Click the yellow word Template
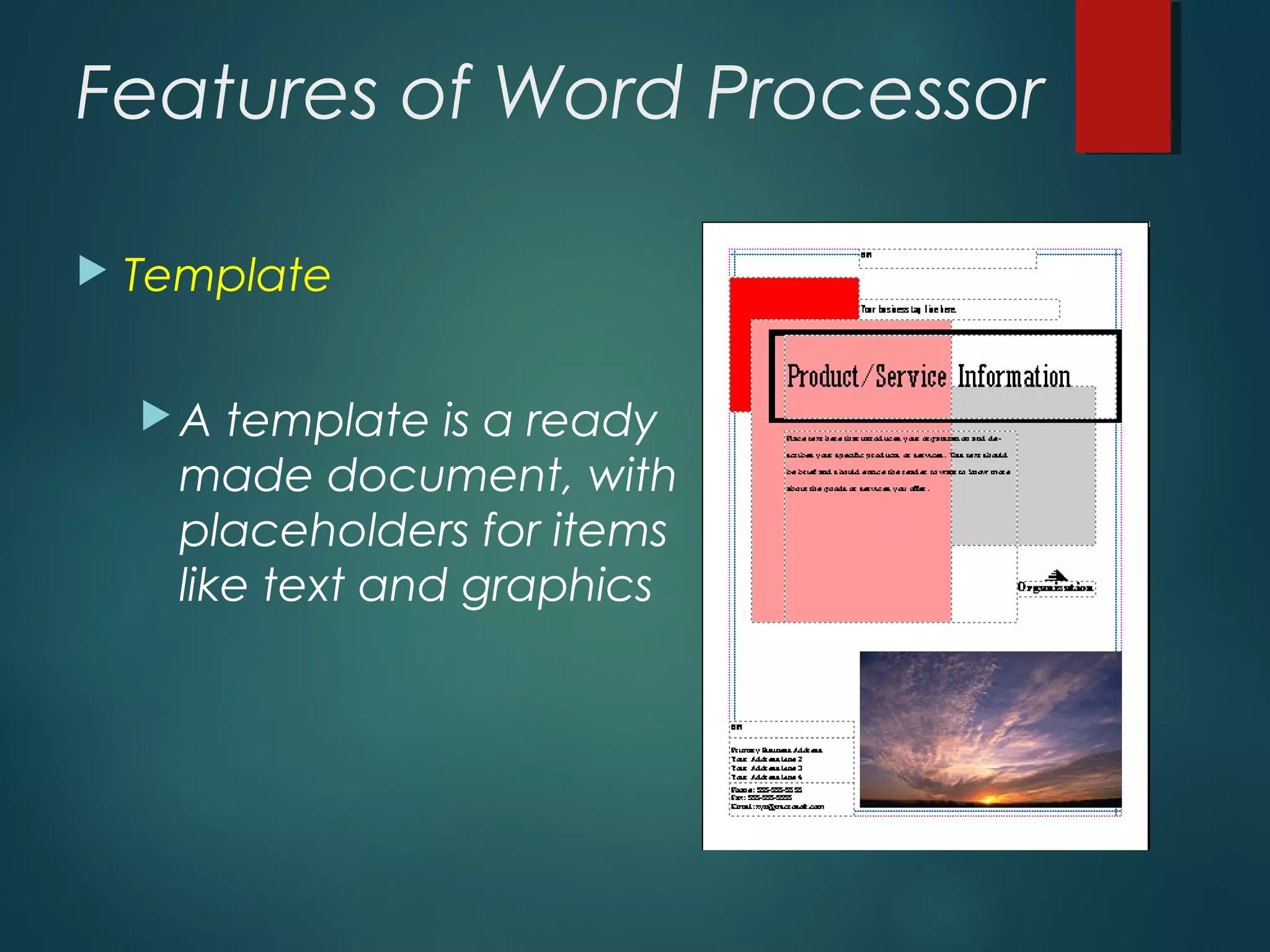click(227, 275)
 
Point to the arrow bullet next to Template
click(93, 272)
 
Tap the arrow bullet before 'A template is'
click(156, 416)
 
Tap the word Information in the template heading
click(1014, 377)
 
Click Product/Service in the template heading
click(866, 377)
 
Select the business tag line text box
click(959, 309)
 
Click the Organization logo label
click(1055, 587)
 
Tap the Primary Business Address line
click(776, 750)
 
